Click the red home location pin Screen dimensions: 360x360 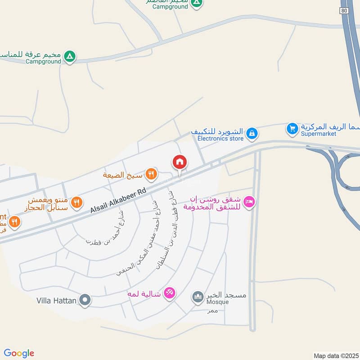tap(179, 162)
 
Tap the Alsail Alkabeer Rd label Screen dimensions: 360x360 tap(118, 201)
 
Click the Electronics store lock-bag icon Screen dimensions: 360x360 tap(252, 133)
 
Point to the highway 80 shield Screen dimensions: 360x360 tap(344, 10)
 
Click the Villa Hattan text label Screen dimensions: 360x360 tap(56, 300)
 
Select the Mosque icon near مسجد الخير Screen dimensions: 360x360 tap(198, 297)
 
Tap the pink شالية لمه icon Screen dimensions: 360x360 tap(169, 293)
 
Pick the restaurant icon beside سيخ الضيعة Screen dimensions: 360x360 tap(152, 173)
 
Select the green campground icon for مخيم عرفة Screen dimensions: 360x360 tap(69, 56)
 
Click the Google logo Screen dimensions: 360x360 tap(19, 353)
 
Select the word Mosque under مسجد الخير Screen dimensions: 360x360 tap(217, 302)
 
